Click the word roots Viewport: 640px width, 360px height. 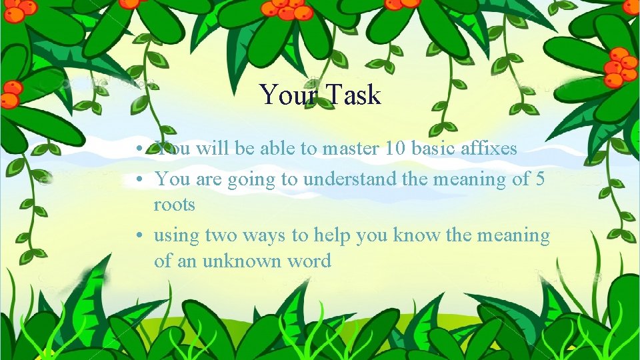[175, 204]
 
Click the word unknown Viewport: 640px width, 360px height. [235, 261]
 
